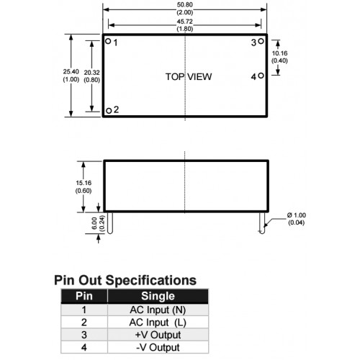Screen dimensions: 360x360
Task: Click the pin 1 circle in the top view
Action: point(108,41)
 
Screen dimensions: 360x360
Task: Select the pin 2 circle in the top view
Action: point(109,111)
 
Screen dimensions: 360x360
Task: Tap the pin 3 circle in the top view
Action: point(261,41)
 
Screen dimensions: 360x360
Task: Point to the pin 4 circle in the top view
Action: point(261,76)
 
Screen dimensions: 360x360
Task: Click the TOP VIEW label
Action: point(189,77)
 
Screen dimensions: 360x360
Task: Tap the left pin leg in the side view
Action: point(109,222)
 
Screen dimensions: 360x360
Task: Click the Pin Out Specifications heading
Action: point(125,280)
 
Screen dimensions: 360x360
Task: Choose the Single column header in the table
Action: point(158,296)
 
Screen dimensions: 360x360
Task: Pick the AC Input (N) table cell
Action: point(158,310)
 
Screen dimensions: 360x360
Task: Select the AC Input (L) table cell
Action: point(158,323)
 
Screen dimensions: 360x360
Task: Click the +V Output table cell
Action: point(158,335)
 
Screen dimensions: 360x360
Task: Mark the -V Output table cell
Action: point(158,347)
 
